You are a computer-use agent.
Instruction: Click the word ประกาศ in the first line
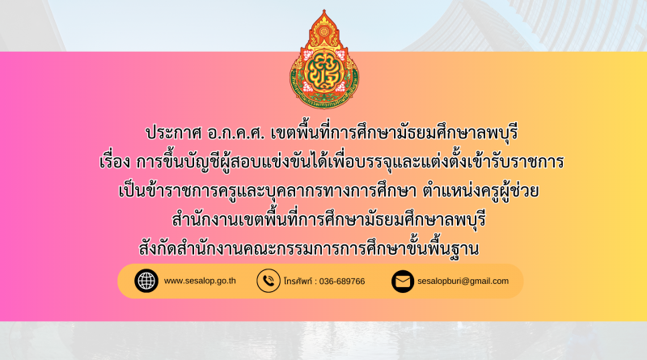[x=173, y=133]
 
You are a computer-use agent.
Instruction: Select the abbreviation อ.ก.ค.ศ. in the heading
[x=235, y=133]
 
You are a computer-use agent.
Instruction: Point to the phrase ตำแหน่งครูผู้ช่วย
[x=480, y=191]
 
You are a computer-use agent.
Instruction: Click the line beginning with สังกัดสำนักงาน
[x=309, y=248]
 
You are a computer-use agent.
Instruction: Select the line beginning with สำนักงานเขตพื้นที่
[x=328, y=219]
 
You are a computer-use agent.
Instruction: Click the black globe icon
[x=146, y=282]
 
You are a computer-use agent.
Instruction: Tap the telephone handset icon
[x=269, y=282]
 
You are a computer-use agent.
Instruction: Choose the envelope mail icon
[x=403, y=282]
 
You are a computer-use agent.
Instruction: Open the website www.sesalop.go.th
[x=200, y=281]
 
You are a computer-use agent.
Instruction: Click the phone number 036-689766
[x=342, y=282]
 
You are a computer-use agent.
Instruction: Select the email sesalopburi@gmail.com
[x=463, y=282]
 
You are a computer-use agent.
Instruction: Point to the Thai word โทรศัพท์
[x=298, y=282]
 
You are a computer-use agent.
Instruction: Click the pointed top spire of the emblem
[x=324, y=14]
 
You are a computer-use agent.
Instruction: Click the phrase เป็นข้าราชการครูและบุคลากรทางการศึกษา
[x=268, y=191]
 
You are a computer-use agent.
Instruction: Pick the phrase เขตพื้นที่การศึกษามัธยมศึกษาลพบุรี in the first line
[x=394, y=133]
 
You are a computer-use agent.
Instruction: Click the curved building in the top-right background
[x=536, y=25]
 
